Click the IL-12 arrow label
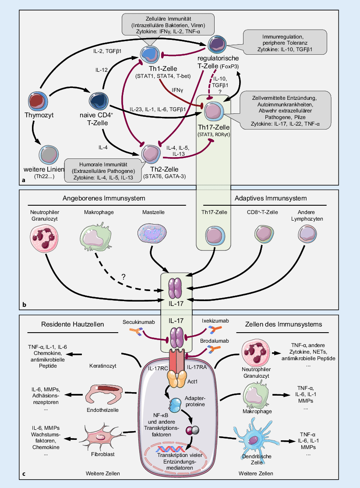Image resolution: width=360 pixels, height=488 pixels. point(101,70)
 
